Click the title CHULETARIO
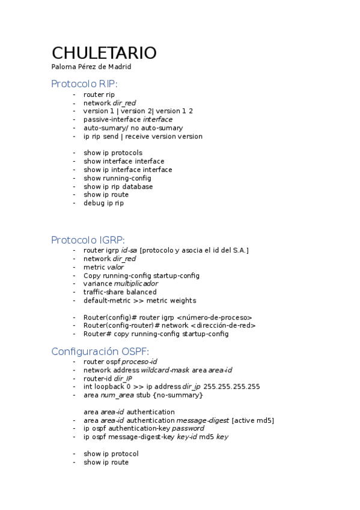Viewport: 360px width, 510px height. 104,53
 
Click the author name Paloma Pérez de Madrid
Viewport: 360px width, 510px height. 91,67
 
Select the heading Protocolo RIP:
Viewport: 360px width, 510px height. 84,84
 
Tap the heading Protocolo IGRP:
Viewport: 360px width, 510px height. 88,239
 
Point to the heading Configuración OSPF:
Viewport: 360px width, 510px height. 100,351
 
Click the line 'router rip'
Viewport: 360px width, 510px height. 99,94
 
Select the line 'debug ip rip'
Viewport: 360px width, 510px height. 103,203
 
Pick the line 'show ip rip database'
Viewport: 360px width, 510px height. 118,186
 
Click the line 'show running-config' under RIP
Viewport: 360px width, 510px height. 117,178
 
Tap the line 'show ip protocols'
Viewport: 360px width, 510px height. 113,153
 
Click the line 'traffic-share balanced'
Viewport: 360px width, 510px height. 120,292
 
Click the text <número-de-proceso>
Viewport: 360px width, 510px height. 215,317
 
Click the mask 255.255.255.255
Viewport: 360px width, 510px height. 232,387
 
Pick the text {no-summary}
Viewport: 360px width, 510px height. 179,395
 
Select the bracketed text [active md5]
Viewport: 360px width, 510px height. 252,420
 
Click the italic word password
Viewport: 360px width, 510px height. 188,429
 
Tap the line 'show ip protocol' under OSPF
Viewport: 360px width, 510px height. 111,453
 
